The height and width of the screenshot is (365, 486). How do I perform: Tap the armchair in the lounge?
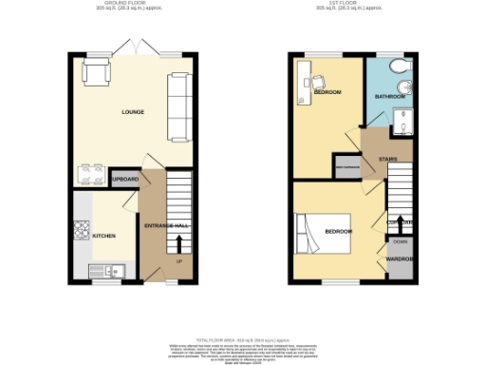[x=96, y=71]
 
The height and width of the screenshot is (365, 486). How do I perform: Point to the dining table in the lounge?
[x=91, y=173]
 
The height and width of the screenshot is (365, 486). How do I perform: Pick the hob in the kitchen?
[x=80, y=230]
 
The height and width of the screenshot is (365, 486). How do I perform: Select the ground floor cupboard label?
[x=125, y=179]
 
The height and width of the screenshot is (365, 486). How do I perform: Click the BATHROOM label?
[x=389, y=95]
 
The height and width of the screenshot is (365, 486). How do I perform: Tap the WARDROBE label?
[x=399, y=258]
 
